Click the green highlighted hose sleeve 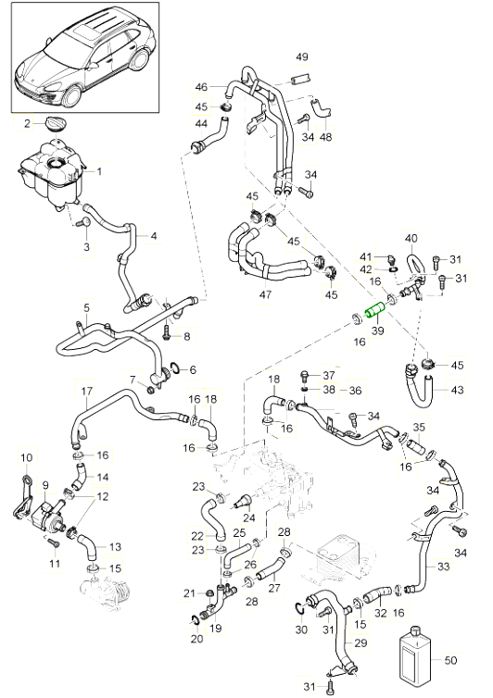pyautogui.click(x=375, y=310)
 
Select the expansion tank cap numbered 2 pyautogui.click(x=57, y=123)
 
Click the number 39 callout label pyautogui.click(x=377, y=330)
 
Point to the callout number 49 pyautogui.click(x=302, y=57)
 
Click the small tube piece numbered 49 pyautogui.click(x=299, y=80)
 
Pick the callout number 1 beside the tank pyautogui.click(x=99, y=171)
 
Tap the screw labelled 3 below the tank pyautogui.click(x=83, y=222)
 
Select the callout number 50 pyautogui.click(x=450, y=659)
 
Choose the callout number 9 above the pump pyautogui.click(x=45, y=486)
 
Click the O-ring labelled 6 pyautogui.click(x=175, y=368)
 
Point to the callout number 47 pyautogui.click(x=265, y=294)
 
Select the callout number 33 pyautogui.click(x=443, y=567)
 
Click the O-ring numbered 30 pyautogui.click(x=300, y=608)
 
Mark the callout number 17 pyautogui.click(x=87, y=392)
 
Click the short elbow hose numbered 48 pyautogui.click(x=321, y=109)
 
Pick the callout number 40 pyautogui.click(x=411, y=239)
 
